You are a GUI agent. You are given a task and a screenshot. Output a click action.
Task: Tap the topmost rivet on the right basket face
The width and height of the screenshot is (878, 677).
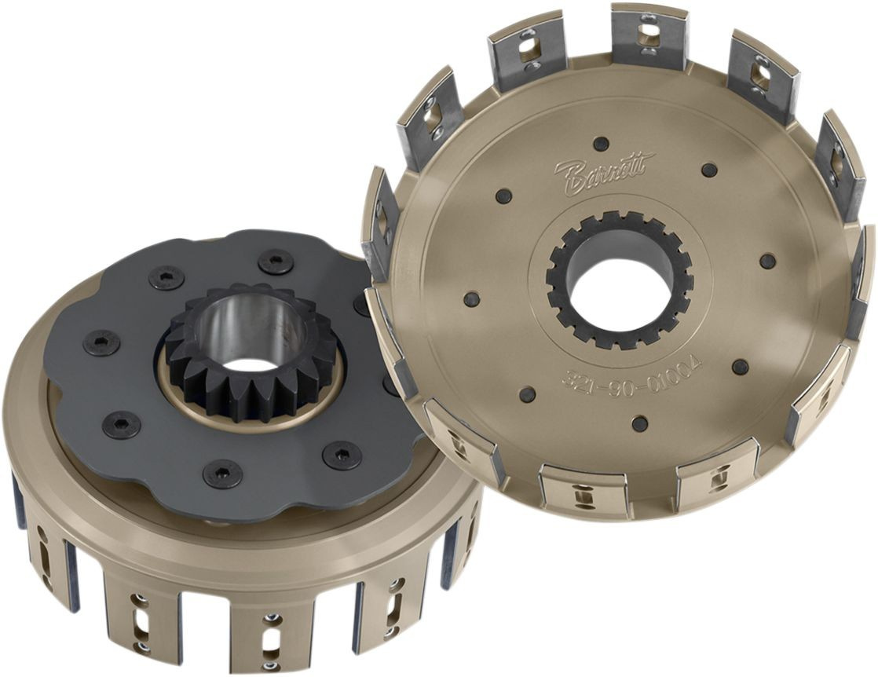601,143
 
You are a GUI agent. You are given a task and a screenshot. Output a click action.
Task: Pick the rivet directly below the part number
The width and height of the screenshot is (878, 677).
640,424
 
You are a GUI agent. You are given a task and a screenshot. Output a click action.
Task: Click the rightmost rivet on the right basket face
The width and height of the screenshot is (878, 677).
767,261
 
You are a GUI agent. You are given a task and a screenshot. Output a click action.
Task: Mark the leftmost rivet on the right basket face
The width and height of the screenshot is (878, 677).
471,299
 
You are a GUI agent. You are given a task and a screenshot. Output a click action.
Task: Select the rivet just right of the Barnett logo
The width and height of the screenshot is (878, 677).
709,170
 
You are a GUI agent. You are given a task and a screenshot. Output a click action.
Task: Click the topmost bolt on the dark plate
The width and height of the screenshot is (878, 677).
276,262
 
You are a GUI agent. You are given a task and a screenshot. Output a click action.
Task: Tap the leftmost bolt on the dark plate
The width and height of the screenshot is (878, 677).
102,342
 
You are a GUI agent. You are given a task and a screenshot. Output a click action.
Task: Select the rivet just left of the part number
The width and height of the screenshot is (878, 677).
528,394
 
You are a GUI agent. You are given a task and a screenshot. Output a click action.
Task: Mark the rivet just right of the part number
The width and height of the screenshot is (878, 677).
741,367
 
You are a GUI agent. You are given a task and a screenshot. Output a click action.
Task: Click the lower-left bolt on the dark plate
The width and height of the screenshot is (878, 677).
122,424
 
